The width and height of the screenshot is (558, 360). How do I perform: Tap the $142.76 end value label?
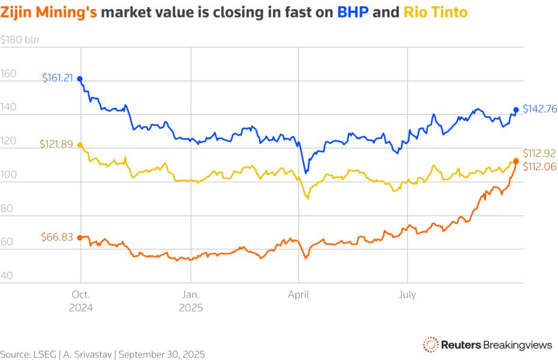(540, 109)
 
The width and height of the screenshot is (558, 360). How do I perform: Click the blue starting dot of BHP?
(80, 79)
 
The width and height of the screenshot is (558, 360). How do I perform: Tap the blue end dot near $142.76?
(516, 110)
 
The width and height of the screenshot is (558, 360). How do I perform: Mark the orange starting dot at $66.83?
(80, 238)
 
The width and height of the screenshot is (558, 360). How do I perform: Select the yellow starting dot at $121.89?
(80, 145)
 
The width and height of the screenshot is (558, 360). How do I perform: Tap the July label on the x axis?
(407, 295)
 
